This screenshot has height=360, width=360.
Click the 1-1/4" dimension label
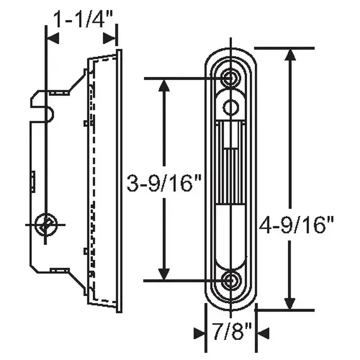pyautogui.click(x=82, y=20)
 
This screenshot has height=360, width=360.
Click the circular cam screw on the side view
pyautogui.click(x=45, y=224)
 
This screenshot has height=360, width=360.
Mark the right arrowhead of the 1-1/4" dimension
pyautogui.click(x=110, y=38)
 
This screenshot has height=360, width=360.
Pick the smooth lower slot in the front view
pyautogui.click(x=231, y=234)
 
